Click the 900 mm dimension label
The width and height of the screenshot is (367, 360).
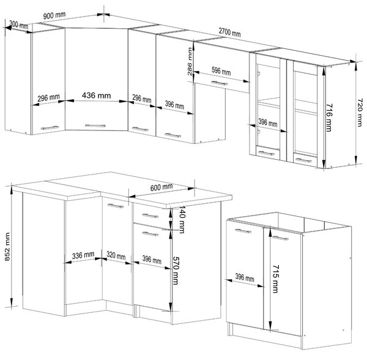(54, 16)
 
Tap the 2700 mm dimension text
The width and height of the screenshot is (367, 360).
(229, 32)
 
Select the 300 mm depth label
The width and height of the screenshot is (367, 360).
(19, 24)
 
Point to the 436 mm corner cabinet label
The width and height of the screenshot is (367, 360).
(96, 96)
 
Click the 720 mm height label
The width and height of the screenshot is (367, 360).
(360, 112)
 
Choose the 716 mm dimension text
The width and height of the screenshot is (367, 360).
(329, 118)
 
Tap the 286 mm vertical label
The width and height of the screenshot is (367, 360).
(190, 61)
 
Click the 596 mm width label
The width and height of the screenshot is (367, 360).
(221, 71)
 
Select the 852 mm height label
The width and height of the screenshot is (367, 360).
(7, 247)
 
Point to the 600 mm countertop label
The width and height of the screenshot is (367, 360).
(161, 187)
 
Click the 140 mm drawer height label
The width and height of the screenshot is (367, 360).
(182, 219)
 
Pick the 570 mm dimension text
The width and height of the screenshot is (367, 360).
(176, 271)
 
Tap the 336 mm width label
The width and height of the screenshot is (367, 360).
(83, 255)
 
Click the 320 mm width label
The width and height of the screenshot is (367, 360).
(116, 255)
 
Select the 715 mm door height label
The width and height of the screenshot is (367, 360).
(276, 279)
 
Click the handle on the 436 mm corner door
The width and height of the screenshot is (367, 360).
(95, 126)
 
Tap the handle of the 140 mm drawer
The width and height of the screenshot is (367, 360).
(150, 216)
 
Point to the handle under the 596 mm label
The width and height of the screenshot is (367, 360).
(220, 83)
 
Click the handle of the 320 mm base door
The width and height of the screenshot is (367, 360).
(116, 206)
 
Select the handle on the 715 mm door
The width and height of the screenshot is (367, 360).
(280, 238)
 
